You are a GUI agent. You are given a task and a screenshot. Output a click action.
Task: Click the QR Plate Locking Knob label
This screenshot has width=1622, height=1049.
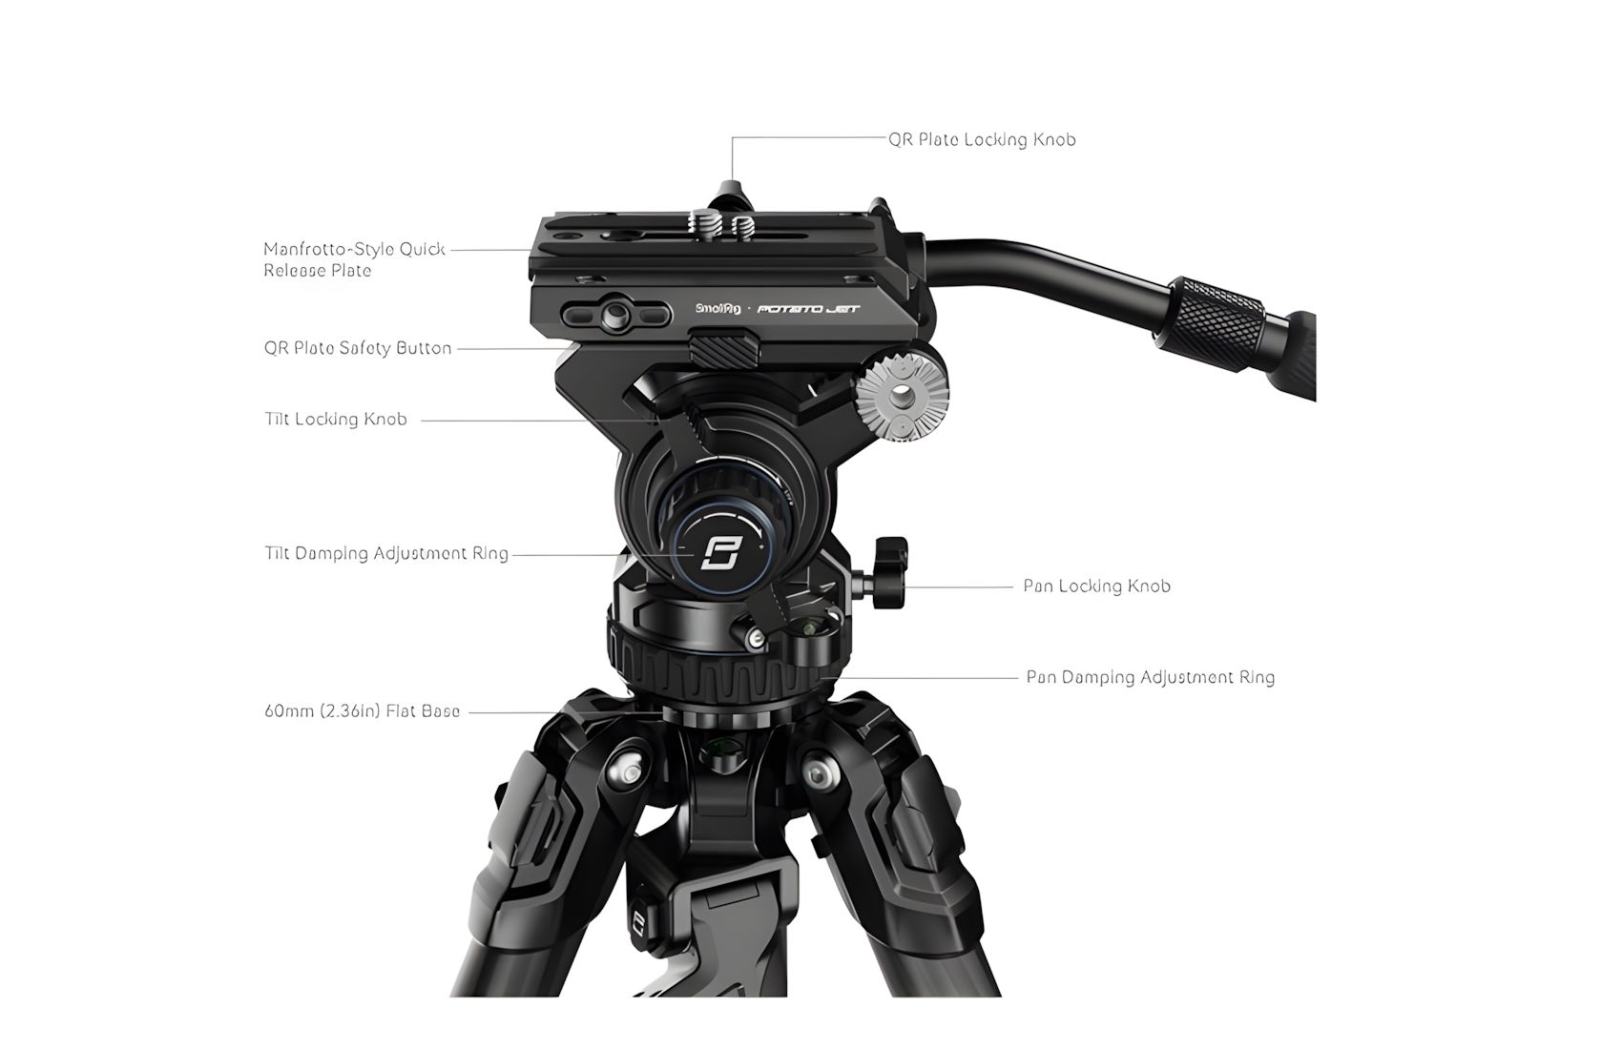pyautogui.click(x=982, y=140)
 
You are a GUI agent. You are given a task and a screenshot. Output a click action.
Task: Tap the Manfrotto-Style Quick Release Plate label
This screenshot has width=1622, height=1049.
pyautogui.click(x=354, y=260)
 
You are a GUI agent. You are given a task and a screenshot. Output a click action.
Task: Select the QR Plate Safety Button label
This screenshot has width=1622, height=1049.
pyautogui.click(x=358, y=348)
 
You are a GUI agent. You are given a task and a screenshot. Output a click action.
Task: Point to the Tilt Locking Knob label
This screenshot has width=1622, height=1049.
pyautogui.click(x=336, y=420)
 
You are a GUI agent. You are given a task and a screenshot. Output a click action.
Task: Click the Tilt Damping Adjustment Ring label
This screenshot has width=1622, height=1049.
pyautogui.click(x=386, y=554)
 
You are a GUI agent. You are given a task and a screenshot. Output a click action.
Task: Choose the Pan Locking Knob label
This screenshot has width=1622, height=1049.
pyautogui.click(x=1096, y=586)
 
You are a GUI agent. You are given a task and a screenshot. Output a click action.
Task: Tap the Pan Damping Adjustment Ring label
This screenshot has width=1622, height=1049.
pyautogui.click(x=1150, y=678)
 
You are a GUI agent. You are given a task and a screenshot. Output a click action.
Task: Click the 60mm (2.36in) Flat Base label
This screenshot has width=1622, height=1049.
pyautogui.click(x=362, y=711)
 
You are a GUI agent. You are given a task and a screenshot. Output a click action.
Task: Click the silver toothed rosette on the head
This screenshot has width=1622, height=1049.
pyautogui.click(x=902, y=395)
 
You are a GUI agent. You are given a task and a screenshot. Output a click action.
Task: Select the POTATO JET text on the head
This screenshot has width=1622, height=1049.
pyautogui.click(x=808, y=309)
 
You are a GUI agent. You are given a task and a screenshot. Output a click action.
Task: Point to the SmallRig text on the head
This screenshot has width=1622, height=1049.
pyautogui.click(x=718, y=308)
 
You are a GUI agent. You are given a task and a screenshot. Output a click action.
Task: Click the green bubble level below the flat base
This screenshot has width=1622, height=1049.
pyautogui.click(x=723, y=751)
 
